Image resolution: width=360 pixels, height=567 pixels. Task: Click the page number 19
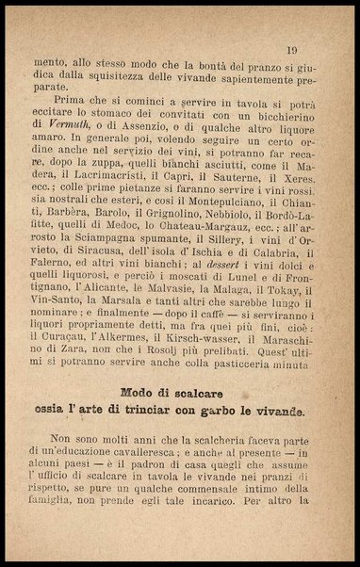[x=292, y=50]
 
